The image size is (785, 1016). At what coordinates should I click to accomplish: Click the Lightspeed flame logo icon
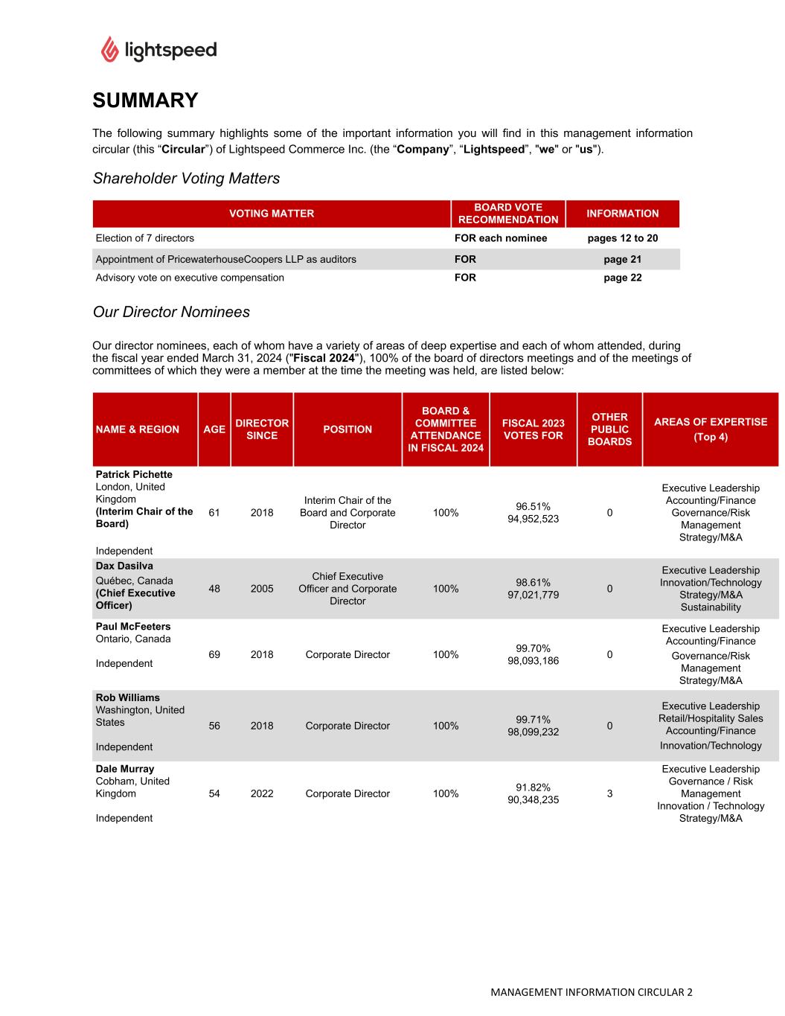coord(109,49)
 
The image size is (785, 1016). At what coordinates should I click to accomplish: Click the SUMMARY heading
coord(145,100)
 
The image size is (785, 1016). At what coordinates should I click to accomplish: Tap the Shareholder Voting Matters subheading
coord(186,179)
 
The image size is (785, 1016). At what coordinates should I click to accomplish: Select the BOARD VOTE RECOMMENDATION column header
coord(508,214)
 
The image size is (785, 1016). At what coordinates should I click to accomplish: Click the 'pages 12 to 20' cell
coord(622,238)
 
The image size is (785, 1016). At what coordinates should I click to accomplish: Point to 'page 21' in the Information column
coord(622,259)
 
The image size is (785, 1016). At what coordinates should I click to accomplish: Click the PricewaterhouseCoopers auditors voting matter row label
coord(226,259)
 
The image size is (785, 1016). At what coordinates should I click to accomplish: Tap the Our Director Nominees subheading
coord(171,312)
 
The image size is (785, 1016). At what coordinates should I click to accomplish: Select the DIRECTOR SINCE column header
coord(262,429)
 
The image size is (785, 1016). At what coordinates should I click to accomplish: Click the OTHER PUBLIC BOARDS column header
coord(609,429)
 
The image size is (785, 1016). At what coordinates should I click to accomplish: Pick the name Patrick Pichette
coord(134,474)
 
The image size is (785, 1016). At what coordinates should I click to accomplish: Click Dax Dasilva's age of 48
coord(214,589)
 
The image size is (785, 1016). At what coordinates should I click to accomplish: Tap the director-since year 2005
coord(262,589)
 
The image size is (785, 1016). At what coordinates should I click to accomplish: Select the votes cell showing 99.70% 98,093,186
coord(533,654)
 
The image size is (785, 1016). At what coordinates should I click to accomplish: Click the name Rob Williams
coord(128,697)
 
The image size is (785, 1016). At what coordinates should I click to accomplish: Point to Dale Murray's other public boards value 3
coord(609,793)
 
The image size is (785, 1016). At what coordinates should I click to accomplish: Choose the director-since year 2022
coord(262,793)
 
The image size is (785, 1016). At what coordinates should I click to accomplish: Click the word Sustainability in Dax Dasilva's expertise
coord(711,607)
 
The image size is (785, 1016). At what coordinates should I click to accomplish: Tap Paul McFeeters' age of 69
coord(214,654)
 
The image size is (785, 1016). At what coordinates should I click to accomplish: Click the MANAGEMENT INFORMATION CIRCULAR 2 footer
coord(591,992)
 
